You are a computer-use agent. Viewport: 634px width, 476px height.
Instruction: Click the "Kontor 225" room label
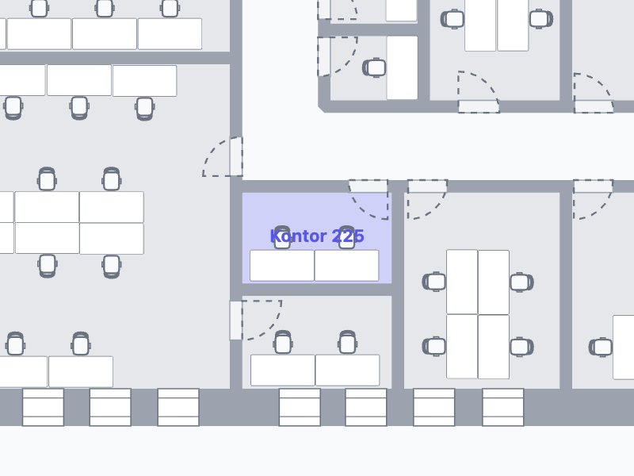pos(317,236)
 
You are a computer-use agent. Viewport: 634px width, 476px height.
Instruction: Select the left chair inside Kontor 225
pos(282,238)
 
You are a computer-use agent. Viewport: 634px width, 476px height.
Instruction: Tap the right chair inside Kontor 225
pos(346,238)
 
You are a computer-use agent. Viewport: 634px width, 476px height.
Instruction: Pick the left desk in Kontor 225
pos(282,265)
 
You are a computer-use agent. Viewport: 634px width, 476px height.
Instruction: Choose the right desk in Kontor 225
pos(347,265)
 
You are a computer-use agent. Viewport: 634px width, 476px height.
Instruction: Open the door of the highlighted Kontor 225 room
pos(369,198)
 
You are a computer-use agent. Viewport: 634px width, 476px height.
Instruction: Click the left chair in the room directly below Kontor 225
pos(283,343)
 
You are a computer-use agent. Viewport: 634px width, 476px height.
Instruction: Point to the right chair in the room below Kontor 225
pos(347,343)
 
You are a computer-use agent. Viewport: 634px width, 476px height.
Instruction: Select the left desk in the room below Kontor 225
pos(283,370)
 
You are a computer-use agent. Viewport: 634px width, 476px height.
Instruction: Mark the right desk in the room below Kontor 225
pos(347,370)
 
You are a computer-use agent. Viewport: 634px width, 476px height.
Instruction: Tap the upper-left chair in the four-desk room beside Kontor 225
pos(434,282)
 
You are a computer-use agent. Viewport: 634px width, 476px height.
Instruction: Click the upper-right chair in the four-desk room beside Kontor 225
pos(521,282)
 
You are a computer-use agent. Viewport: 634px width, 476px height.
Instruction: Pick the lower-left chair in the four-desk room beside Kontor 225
pos(434,346)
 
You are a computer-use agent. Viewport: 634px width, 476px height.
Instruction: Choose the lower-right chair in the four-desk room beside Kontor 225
pos(521,346)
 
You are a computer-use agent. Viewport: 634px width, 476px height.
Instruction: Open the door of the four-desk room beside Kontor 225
pos(426,198)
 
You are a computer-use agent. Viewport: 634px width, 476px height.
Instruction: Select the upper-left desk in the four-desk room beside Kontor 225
pos(462,282)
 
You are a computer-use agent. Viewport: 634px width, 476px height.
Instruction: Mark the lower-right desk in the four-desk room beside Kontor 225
pos(494,346)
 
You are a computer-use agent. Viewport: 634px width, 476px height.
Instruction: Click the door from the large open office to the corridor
pos(223,157)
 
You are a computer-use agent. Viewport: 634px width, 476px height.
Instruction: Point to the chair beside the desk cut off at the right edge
pos(602,347)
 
